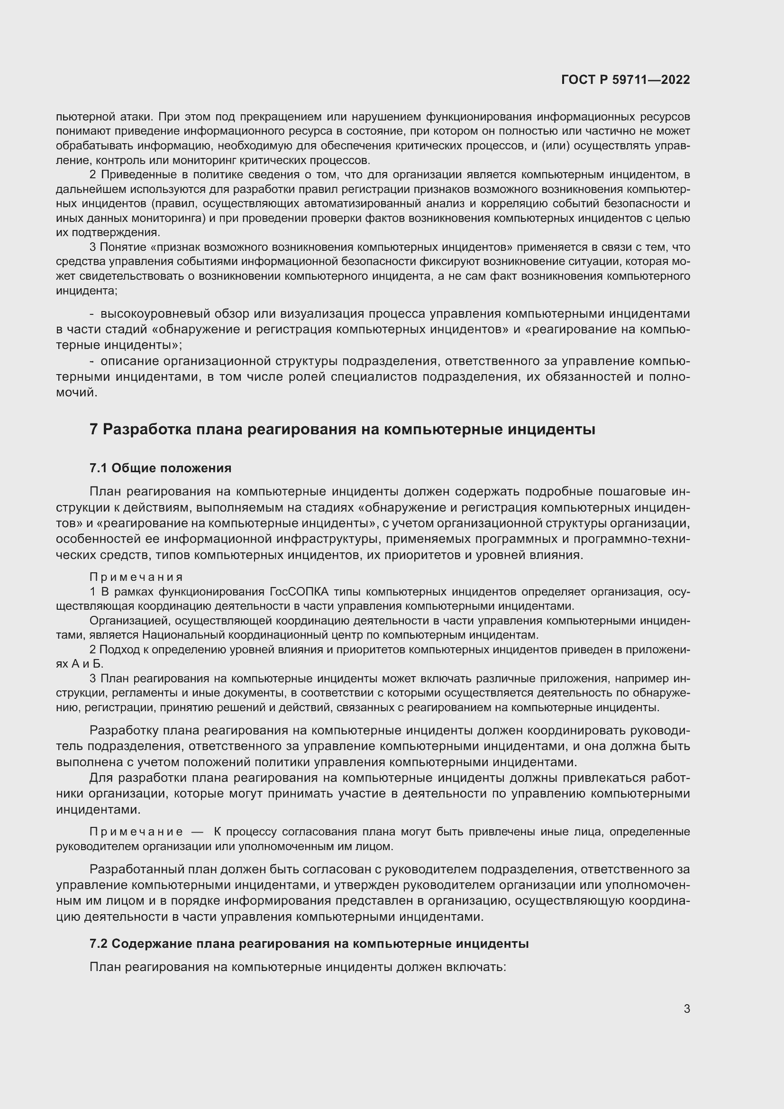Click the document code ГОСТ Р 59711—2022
pyautogui.click(x=626, y=80)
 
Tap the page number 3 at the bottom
pyautogui.click(x=686, y=1009)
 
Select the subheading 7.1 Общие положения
pyautogui.click(x=160, y=468)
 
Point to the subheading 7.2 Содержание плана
pyautogui.click(x=309, y=944)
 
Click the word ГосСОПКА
pyautogui.click(x=299, y=592)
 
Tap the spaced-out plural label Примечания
pyautogui.click(x=136, y=577)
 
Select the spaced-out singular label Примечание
pyautogui.click(x=136, y=832)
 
